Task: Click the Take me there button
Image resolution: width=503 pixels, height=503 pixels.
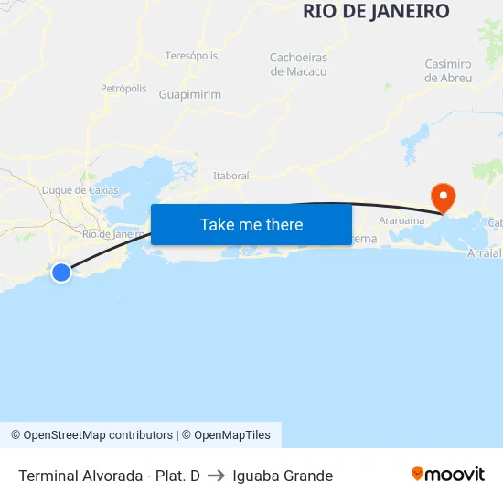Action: coord(251,225)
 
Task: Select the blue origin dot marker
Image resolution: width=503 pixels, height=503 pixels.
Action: coord(61,273)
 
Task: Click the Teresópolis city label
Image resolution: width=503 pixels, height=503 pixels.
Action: coord(191,56)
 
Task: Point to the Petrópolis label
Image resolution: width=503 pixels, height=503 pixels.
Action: coord(123,89)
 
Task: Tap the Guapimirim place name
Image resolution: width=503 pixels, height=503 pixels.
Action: coord(189,94)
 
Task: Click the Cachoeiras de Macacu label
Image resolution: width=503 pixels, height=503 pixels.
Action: coord(298,64)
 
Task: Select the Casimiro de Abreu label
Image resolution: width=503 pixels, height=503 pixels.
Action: coord(448,70)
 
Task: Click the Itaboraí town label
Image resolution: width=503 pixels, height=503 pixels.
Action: coord(231,175)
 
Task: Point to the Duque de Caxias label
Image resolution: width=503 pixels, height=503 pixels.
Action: coord(80,190)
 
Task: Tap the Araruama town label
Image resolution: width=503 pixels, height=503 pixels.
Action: coord(401,221)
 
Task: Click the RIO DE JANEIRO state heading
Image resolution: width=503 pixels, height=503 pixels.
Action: coord(376,12)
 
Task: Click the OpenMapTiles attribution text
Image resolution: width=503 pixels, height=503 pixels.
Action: coord(232,435)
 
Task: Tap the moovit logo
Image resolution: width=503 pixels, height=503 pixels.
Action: coord(448,474)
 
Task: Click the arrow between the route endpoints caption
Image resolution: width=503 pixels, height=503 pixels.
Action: coord(217,476)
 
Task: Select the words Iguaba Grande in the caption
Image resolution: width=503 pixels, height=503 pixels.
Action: coord(283,476)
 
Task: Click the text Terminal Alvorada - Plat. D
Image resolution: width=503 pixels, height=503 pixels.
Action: coord(109,476)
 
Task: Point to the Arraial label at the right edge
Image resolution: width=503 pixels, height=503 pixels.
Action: coord(485,252)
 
